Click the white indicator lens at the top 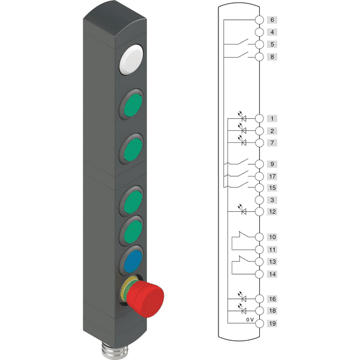pyautogui.click(x=131, y=59)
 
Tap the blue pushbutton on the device pyautogui.click(x=133, y=261)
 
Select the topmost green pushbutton pyautogui.click(x=133, y=104)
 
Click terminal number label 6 pyautogui.click(x=272, y=20)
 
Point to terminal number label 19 pyautogui.click(x=272, y=323)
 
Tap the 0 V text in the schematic pyautogui.click(x=250, y=320)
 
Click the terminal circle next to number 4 pyautogui.click(x=259, y=32)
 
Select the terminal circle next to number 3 pyautogui.click(x=259, y=200)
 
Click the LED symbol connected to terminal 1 pyautogui.click(x=242, y=117)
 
